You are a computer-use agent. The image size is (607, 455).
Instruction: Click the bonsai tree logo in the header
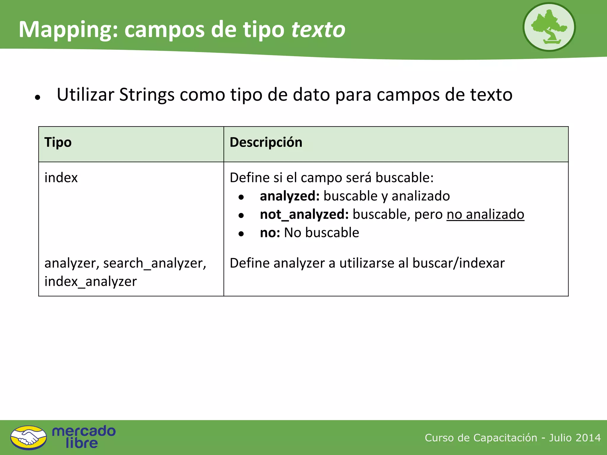pyautogui.click(x=549, y=27)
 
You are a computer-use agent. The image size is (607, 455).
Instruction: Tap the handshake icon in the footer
pyautogui.click(x=28, y=438)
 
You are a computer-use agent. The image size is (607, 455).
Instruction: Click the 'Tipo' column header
pyautogui.click(x=58, y=142)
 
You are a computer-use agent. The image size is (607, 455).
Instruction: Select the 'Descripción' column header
pyautogui.click(x=266, y=142)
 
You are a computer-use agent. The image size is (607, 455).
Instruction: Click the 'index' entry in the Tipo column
pyautogui.click(x=61, y=178)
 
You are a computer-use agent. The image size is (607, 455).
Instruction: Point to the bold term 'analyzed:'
pyautogui.click(x=290, y=196)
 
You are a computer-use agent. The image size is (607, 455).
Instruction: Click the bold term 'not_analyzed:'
pyautogui.click(x=304, y=214)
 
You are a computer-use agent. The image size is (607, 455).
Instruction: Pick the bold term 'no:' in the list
pyautogui.click(x=270, y=233)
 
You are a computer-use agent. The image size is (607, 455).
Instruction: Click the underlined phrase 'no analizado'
pyautogui.click(x=485, y=214)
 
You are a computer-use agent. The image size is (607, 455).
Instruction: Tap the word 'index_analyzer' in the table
pyautogui.click(x=91, y=281)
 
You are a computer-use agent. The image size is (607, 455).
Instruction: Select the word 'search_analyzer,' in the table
pyautogui.click(x=154, y=263)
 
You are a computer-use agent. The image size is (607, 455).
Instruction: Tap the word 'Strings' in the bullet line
pyautogui.click(x=147, y=95)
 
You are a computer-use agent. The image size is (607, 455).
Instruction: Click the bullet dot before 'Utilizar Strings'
pyautogui.click(x=37, y=97)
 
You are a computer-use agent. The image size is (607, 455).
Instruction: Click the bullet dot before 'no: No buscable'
pyautogui.click(x=241, y=234)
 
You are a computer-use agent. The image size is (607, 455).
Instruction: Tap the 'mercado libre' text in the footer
pyautogui.click(x=84, y=437)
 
